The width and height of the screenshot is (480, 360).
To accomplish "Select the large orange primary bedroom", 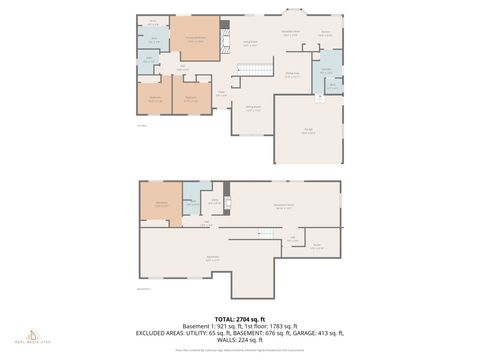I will pos(194,39).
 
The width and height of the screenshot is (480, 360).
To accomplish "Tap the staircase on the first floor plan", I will pos(259,68).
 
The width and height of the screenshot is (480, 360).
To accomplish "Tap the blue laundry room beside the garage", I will pos(327,71).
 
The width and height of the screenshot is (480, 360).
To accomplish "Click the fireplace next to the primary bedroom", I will pos(223,30).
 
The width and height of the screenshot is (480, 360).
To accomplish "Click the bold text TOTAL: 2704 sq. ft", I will pos(239,316).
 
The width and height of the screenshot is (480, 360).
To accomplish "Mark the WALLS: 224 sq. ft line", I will pos(239,338).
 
